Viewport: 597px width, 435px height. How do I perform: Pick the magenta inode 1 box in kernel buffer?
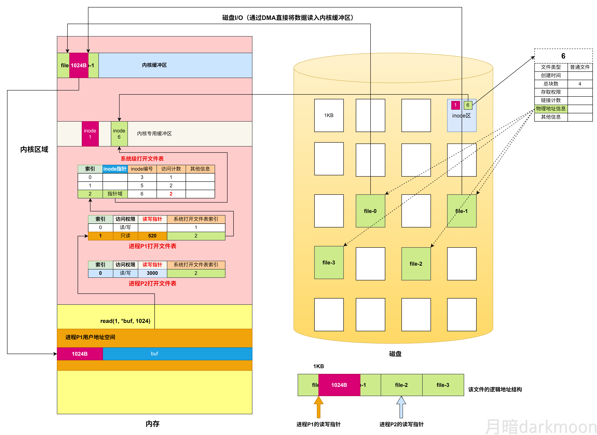[90, 134]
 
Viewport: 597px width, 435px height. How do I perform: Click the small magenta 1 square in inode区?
[455, 105]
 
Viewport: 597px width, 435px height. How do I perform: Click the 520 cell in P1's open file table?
[152, 236]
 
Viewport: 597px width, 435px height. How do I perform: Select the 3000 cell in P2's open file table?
[152, 273]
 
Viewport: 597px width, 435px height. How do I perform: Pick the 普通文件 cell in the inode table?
[580, 67]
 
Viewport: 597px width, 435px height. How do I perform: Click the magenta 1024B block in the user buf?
[80, 354]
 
